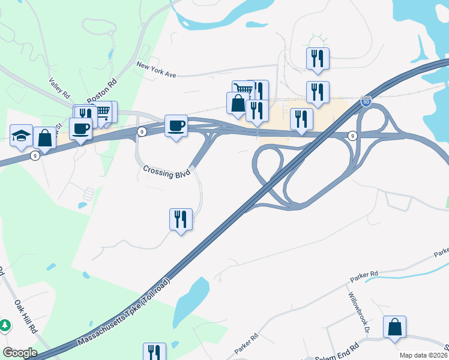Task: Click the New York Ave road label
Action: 155,69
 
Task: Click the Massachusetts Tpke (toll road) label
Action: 124,313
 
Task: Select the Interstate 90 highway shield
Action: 366,102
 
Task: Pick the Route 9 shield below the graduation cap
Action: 35,155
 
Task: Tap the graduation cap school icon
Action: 21,134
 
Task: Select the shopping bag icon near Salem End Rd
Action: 395,327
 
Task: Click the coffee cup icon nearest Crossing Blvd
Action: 176,125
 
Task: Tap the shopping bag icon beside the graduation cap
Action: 44,137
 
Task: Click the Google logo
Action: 20,353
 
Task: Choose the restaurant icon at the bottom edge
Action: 154,352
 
